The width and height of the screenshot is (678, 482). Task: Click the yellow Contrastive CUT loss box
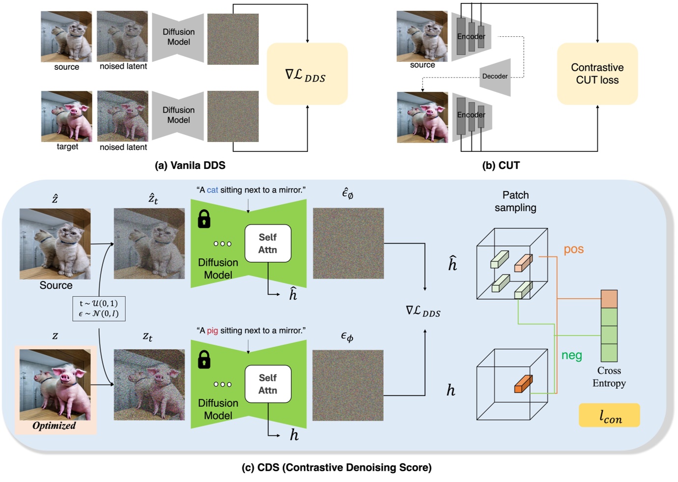click(x=597, y=74)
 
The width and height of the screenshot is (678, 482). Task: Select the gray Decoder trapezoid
click(x=496, y=77)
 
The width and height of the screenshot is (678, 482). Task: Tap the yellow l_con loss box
click(x=609, y=416)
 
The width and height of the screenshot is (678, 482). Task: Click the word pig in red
click(x=212, y=331)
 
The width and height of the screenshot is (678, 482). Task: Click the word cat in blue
click(x=212, y=190)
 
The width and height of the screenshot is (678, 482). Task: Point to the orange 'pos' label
click(x=573, y=249)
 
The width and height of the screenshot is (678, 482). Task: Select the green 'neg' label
click(x=571, y=355)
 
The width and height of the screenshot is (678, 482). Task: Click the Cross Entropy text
click(x=609, y=377)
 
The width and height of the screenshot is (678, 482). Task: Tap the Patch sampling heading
click(x=515, y=201)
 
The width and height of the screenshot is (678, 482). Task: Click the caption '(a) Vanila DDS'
click(x=190, y=166)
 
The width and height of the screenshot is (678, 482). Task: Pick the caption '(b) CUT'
click(x=501, y=166)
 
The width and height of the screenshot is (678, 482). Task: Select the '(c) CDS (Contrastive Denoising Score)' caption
click(x=337, y=467)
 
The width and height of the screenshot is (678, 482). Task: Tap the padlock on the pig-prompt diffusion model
click(x=204, y=360)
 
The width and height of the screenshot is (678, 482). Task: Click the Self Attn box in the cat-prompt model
click(x=268, y=244)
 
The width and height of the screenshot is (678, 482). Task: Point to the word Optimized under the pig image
click(x=54, y=426)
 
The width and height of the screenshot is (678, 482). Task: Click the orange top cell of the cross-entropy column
click(x=609, y=299)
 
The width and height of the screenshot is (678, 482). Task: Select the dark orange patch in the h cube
click(x=523, y=384)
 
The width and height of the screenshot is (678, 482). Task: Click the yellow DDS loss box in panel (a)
click(x=307, y=74)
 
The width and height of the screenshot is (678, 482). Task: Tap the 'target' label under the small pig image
click(x=67, y=146)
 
